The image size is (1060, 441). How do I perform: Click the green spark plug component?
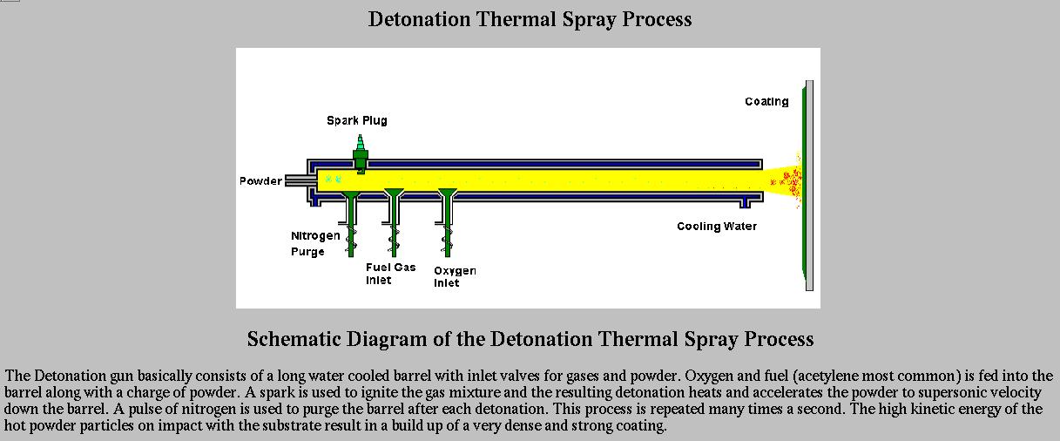[361, 154]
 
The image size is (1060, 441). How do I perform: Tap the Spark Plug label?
[357, 120]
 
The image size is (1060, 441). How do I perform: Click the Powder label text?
[260, 181]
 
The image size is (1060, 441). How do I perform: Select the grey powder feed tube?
[300, 181]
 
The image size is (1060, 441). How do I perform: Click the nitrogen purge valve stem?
[351, 224]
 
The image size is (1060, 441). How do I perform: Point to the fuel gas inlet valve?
[394, 222]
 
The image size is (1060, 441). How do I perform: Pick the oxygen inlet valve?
[447, 222]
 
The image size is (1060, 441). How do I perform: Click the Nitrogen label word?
[315, 236]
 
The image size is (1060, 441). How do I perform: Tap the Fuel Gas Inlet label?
[390, 274]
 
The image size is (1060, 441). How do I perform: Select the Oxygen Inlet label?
[455, 276]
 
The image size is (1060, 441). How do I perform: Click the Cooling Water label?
[717, 227]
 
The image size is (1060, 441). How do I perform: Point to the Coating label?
[766, 101]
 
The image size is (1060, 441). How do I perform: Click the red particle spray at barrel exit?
[790, 181]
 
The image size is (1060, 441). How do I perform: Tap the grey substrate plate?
[810, 186]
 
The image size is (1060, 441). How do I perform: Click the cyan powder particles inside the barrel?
[333, 179]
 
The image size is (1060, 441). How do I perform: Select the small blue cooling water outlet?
[745, 203]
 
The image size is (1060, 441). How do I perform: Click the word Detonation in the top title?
[419, 19]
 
